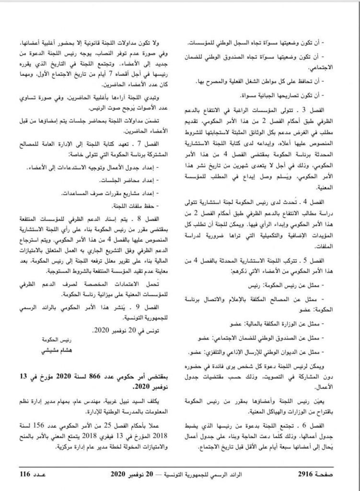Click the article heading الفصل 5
[323, 261]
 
